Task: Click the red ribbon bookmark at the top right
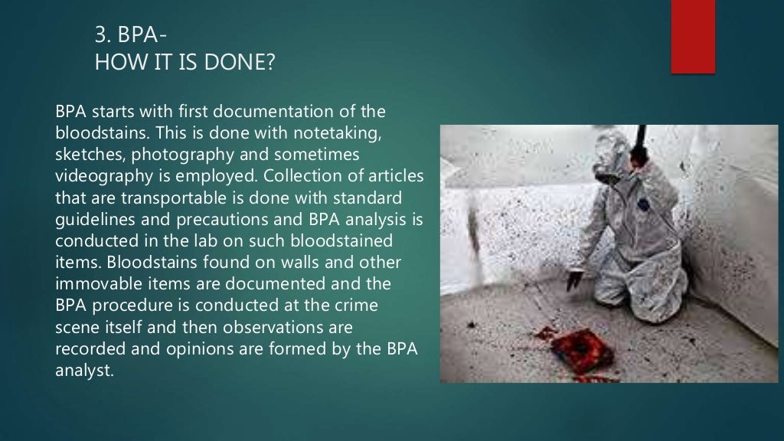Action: click(692, 36)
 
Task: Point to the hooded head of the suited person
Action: click(612, 149)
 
